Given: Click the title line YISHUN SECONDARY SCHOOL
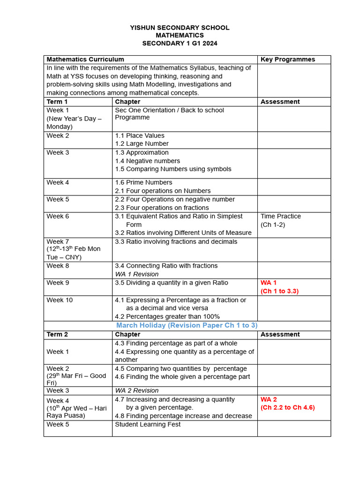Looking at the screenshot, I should pos(180,28).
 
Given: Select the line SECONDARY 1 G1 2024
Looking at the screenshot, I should pos(180,43).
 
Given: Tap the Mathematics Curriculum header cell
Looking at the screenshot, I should pos(85,60).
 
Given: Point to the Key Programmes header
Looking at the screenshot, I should pos(288,60).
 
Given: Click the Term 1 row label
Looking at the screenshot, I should pos(57,102).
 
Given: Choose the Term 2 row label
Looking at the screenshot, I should pos(57,334).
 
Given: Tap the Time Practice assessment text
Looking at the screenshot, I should pos(281,216).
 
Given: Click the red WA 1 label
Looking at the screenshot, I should pos(269,283).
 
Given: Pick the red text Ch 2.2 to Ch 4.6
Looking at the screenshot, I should pos(288,407).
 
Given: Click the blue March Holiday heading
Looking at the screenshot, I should pos(187,325).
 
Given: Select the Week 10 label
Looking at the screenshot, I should pos(60,300).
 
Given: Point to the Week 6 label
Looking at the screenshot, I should pos(58,216).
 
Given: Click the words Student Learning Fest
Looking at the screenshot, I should pos(148,424).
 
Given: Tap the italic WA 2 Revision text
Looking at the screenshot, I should pos(137,390).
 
